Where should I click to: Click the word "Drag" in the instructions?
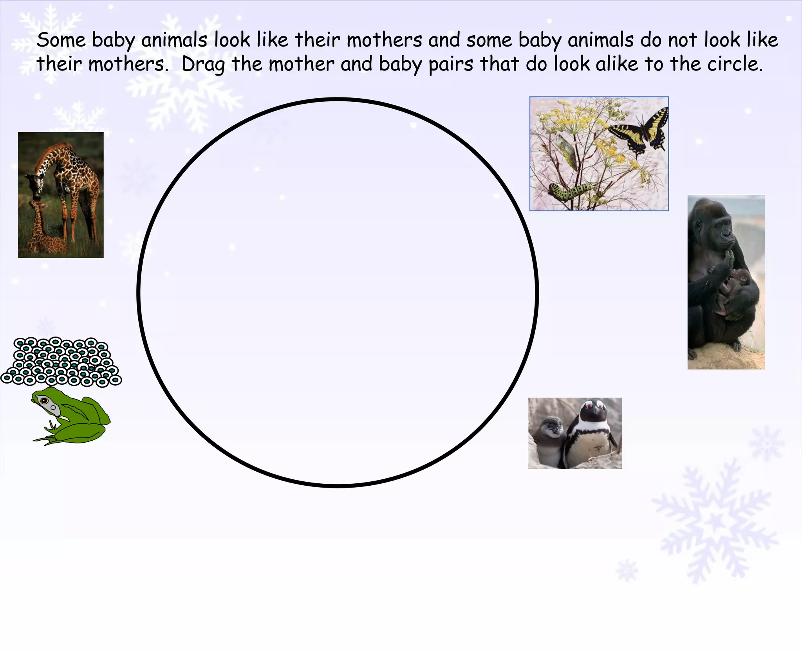(203, 64)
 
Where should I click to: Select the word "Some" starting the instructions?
(61, 40)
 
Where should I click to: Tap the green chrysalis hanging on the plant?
(565, 151)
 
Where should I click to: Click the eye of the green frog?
(44, 401)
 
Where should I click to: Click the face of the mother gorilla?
(723, 233)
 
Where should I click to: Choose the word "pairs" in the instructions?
(451, 64)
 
